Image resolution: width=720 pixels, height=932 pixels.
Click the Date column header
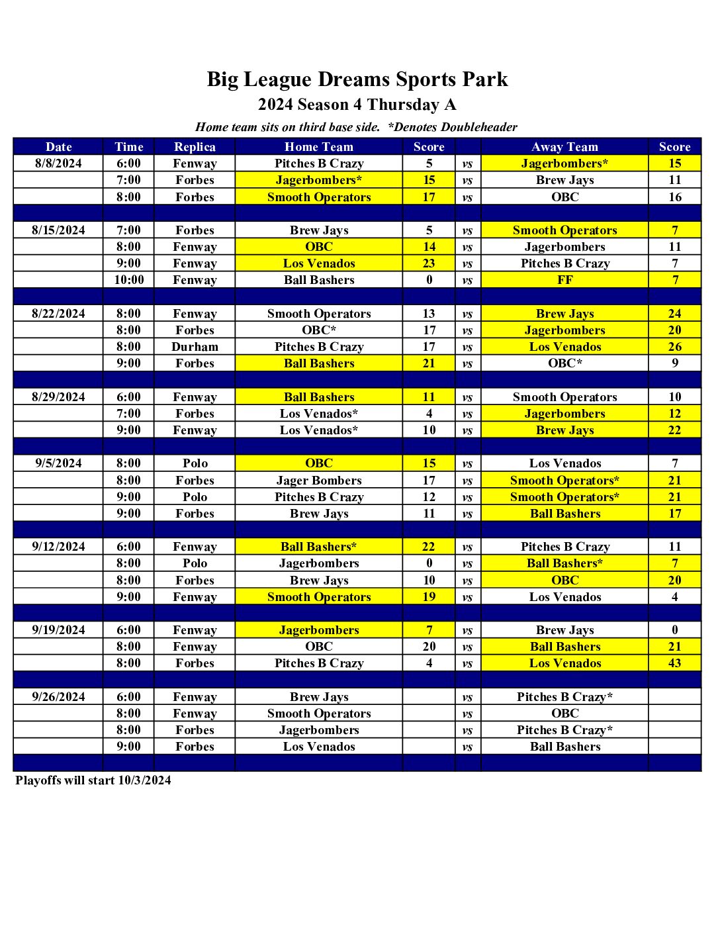pyautogui.click(x=58, y=146)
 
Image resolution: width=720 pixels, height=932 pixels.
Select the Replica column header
pyautogui.click(x=195, y=146)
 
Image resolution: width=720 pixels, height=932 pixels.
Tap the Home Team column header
pyautogui.click(x=318, y=146)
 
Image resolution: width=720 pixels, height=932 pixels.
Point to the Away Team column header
pyautogui.click(x=564, y=146)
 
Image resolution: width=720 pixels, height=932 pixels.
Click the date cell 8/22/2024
pyautogui.click(x=58, y=313)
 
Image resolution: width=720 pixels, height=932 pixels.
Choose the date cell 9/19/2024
pyautogui.click(x=58, y=629)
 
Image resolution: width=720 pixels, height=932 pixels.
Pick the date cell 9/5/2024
pyautogui.click(x=58, y=463)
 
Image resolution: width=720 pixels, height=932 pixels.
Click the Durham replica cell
pyautogui.click(x=195, y=346)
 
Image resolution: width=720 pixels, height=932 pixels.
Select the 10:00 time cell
pyautogui.click(x=128, y=279)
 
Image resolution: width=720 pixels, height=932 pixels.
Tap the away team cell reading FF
pyautogui.click(x=564, y=279)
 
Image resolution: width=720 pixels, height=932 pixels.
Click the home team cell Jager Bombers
pyautogui.click(x=318, y=480)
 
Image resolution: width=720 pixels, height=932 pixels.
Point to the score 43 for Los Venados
pyautogui.click(x=674, y=663)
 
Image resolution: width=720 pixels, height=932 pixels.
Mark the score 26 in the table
pyautogui.click(x=674, y=346)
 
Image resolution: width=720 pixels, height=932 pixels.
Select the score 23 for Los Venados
pyautogui.click(x=429, y=263)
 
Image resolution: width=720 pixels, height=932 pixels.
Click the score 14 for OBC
pyautogui.click(x=429, y=246)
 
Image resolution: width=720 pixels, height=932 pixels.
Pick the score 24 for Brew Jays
pyautogui.click(x=674, y=313)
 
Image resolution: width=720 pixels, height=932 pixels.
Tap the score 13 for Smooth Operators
pyautogui.click(x=429, y=313)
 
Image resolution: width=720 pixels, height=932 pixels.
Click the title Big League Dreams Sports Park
pyautogui.click(x=357, y=79)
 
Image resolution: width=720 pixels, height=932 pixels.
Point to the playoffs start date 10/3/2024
pyautogui.click(x=144, y=780)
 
